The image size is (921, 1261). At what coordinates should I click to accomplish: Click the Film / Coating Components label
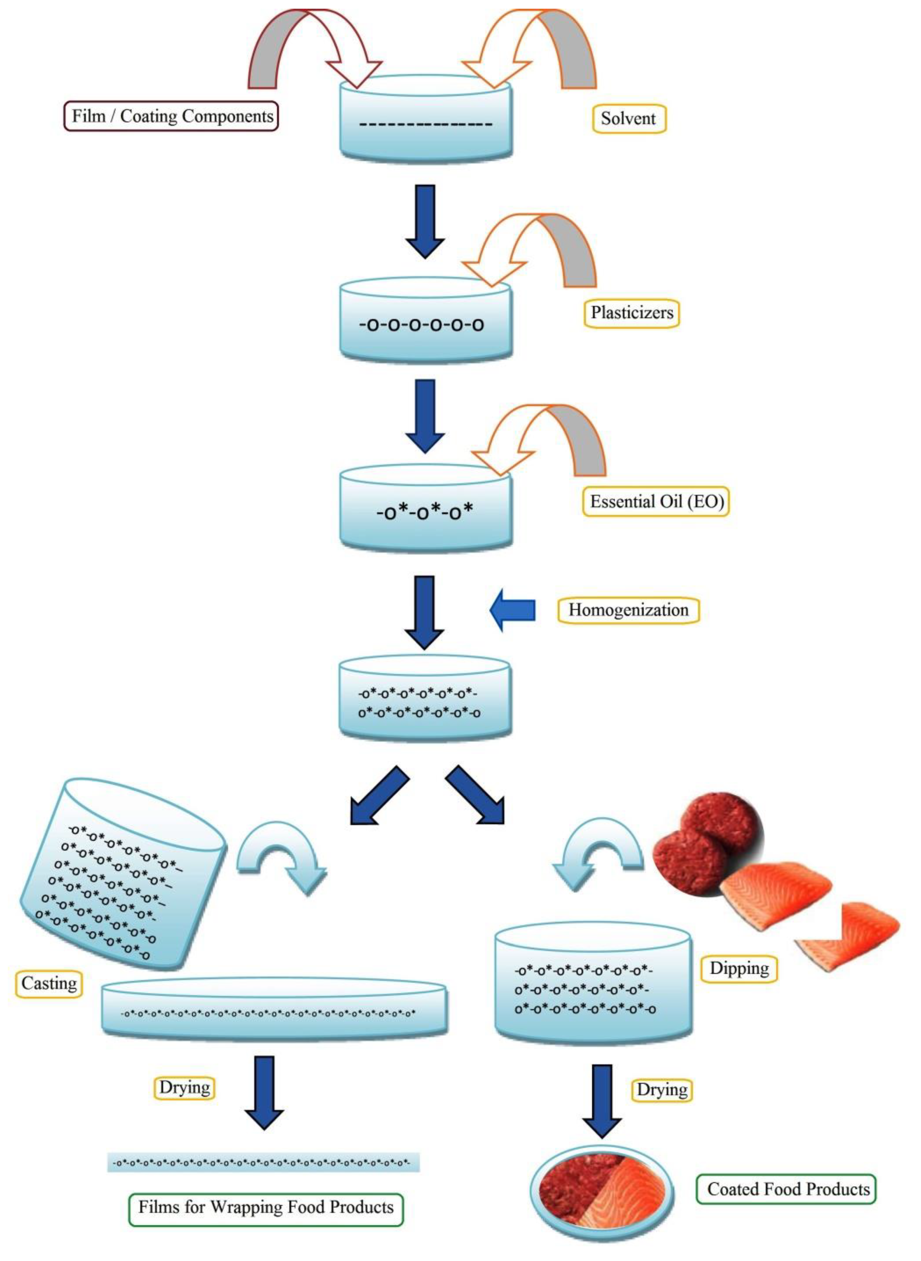click(171, 116)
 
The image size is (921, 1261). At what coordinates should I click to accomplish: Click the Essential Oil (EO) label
click(656, 502)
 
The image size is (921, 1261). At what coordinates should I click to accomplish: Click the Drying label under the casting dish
click(184, 1087)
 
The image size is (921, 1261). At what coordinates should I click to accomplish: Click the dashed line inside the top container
click(425, 124)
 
